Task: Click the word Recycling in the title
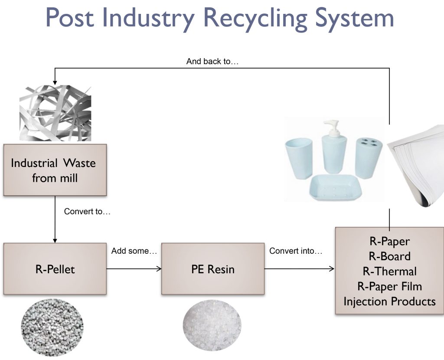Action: click(x=255, y=18)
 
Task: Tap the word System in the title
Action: click(x=355, y=18)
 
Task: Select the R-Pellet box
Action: click(x=55, y=268)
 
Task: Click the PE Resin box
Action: click(x=213, y=268)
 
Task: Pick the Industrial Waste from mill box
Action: click(x=55, y=170)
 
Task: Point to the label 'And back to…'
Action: click(x=212, y=62)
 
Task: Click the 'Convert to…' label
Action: click(x=87, y=211)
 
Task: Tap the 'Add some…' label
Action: click(x=134, y=251)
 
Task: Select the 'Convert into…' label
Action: click(x=296, y=251)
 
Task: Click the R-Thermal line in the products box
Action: click(x=390, y=271)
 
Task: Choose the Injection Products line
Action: click(x=390, y=301)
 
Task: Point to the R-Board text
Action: click(x=390, y=256)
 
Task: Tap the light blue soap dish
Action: click(x=335, y=187)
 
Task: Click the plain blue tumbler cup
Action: click(x=299, y=159)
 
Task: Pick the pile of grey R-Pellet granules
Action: click(x=52, y=327)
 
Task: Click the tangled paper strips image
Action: click(x=55, y=113)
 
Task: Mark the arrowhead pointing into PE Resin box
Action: click(x=159, y=268)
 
